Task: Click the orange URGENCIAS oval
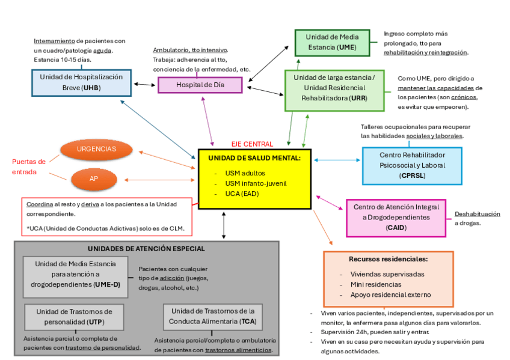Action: [x=96, y=149]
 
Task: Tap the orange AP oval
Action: [x=94, y=178]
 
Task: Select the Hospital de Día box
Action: [x=200, y=85]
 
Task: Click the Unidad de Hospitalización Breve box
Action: [x=81, y=82]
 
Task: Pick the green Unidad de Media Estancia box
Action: [x=331, y=42]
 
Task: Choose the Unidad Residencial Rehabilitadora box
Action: [x=334, y=90]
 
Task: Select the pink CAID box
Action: [x=396, y=217]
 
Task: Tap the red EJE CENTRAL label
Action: [x=252, y=144]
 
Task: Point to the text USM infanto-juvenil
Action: [x=256, y=183]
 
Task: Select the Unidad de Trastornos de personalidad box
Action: [x=74, y=317]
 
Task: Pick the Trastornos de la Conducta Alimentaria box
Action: [x=213, y=316]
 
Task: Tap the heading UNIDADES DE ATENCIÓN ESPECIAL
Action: [x=146, y=248]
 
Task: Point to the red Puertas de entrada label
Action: [x=29, y=166]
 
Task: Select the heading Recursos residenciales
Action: [x=388, y=259]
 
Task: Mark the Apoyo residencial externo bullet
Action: [x=391, y=294]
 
